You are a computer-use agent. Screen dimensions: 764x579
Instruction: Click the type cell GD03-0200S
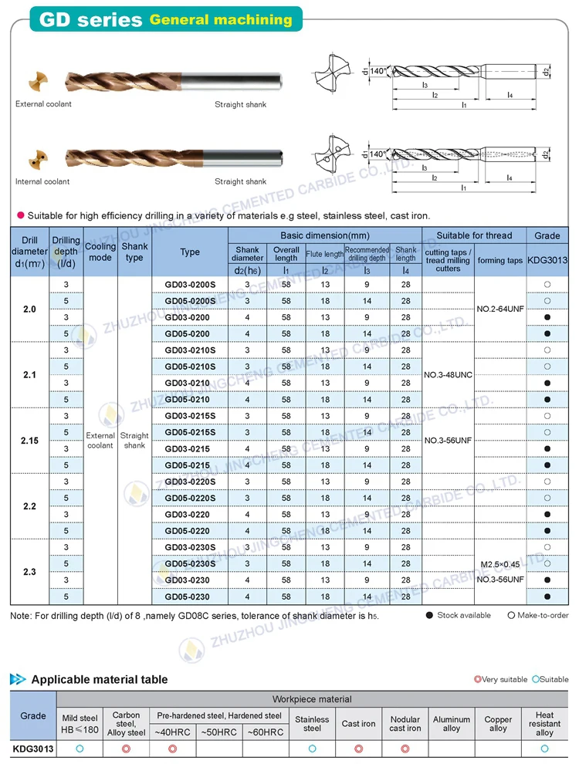[x=190, y=285]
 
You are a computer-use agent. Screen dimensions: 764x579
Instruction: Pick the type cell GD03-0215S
[x=190, y=416]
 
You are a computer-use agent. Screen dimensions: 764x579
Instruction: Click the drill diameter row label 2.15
[x=29, y=441]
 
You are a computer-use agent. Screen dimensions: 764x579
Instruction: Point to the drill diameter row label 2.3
[x=29, y=572]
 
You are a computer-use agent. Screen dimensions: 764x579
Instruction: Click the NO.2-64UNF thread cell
[x=499, y=309]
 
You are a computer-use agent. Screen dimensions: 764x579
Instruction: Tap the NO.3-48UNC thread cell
[x=449, y=375]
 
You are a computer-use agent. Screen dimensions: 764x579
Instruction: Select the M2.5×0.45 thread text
[x=500, y=565]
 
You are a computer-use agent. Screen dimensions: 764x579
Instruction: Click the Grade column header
[x=547, y=235]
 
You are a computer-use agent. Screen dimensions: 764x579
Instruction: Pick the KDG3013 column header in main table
[x=547, y=261]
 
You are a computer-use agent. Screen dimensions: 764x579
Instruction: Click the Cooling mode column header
[x=100, y=252]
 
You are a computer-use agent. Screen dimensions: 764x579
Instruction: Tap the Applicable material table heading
[x=99, y=680]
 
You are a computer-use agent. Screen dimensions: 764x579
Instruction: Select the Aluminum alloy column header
[x=452, y=723]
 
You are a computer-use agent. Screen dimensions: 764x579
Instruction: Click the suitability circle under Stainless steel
[x=312, y=749]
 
